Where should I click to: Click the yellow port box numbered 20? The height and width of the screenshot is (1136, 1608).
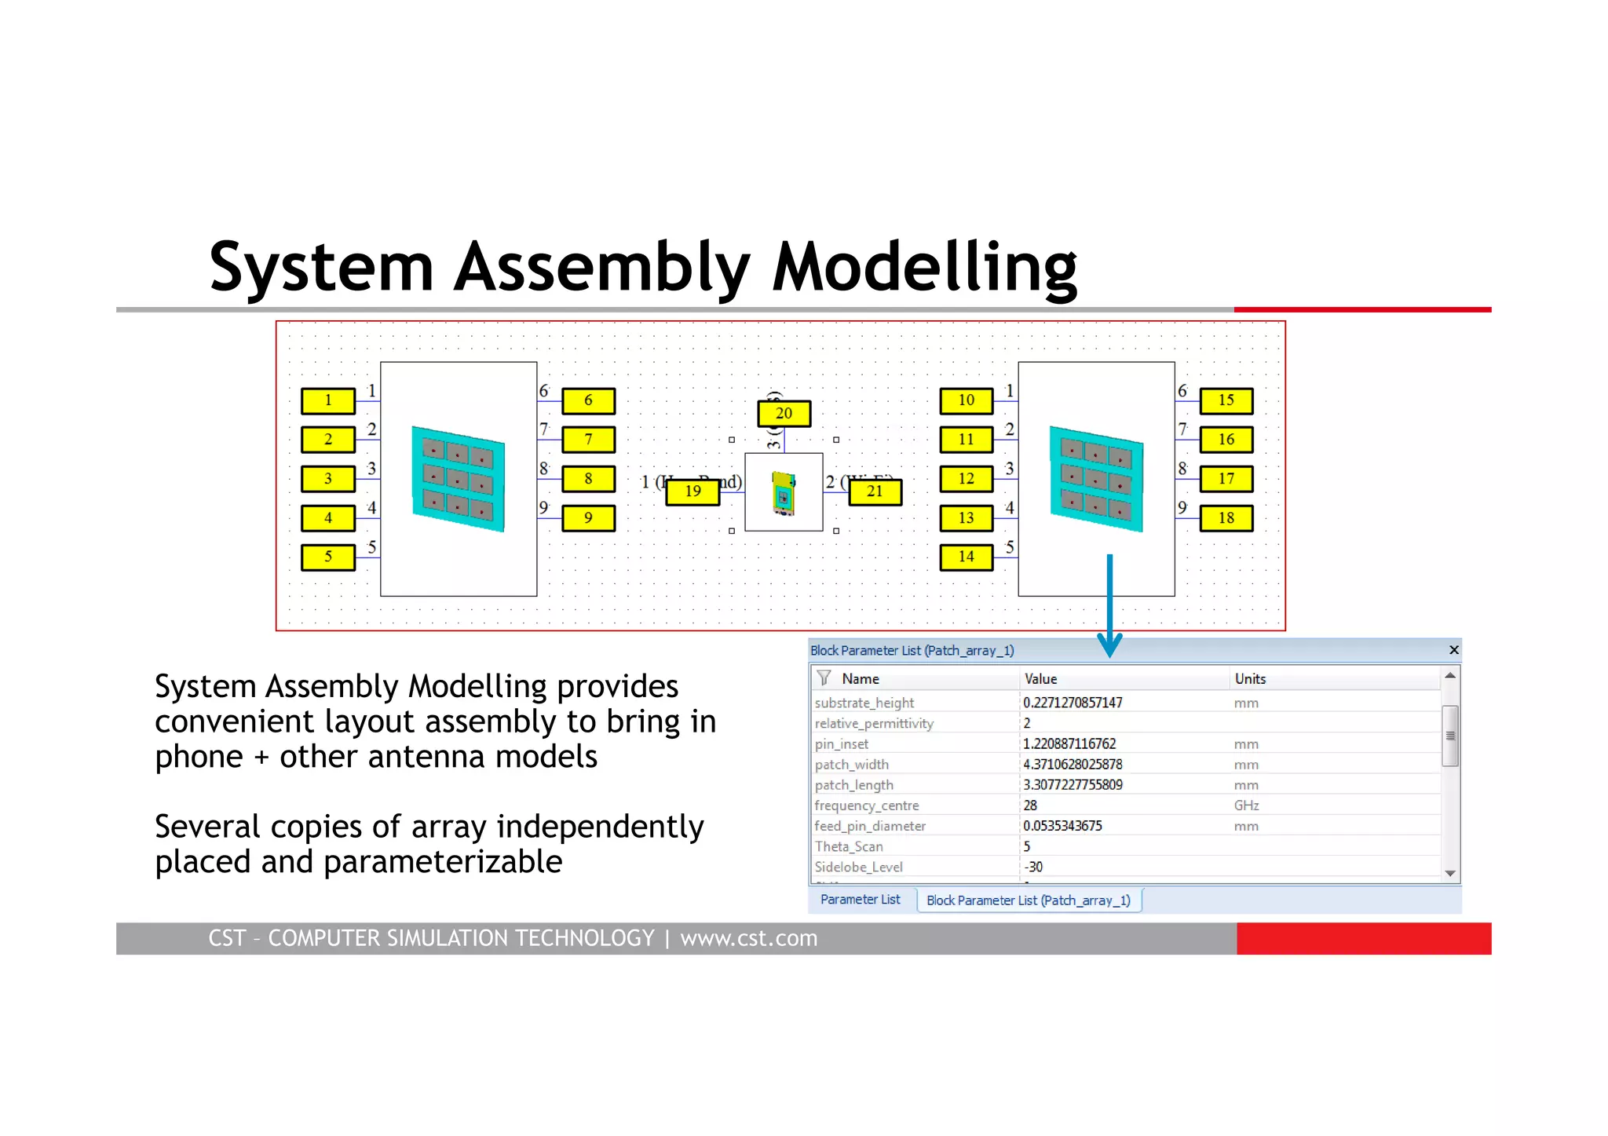[x=784, y=413]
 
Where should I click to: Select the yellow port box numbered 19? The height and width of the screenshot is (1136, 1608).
[x=693, y=491]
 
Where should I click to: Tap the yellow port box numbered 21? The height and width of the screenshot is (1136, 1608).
[x=875, y=491]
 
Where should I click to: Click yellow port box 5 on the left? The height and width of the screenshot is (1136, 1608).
[x=328, y=557]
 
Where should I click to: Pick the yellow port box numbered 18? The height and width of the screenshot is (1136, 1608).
[x=1226, y=518]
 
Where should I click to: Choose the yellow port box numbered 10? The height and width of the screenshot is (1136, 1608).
[x=966, y=400]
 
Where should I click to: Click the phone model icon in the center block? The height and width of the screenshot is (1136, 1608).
[x=784, y=493]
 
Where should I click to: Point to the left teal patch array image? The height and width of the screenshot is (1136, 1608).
[x=459, y=479]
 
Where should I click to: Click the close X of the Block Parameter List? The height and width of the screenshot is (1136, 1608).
[x=1453, y=650]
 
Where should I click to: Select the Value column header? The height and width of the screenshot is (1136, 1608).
[x=1041, y=679]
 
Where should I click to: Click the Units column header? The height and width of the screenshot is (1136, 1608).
[x=1250, y=679]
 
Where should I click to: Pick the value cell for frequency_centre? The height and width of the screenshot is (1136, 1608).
[x=1030, y=805]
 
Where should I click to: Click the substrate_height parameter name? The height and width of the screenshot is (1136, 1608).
[x=864, y=703]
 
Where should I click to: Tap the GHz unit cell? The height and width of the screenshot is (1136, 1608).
[x=1246, y=805]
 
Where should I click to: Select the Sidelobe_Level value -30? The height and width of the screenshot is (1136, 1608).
[x=1033, y=867]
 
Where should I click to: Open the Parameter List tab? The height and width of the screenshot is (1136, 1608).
[x=860, y=900]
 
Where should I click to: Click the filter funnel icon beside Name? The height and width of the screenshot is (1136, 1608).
[x=824, y=678]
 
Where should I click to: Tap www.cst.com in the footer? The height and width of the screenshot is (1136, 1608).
[x=748, y=938]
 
